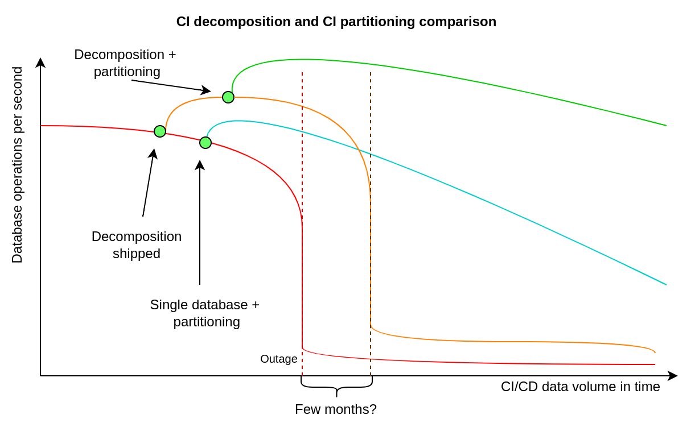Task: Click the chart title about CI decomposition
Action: tap(336, 22)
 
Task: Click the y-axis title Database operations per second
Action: tap(17, 165)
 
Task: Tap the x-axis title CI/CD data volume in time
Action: tap(580, 387)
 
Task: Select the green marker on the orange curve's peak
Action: tap(228, 97)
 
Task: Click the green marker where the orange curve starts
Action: tap(160, 131)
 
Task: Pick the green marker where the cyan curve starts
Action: tap(205, 143)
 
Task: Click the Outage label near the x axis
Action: tap(278, 359)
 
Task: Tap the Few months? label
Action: tap(335, 409)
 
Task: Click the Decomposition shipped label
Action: tap(137, 245)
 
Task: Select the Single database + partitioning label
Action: tap(205, 313)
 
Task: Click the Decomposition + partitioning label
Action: tap(125, 63)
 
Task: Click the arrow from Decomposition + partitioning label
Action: tap(171, 85)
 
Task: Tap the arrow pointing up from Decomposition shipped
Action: tap(149, 182)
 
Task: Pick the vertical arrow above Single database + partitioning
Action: tap(200, 222)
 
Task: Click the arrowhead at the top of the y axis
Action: tap(40, 62)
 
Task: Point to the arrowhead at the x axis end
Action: tap(673, 376)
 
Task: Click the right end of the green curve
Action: tap(665, 125)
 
